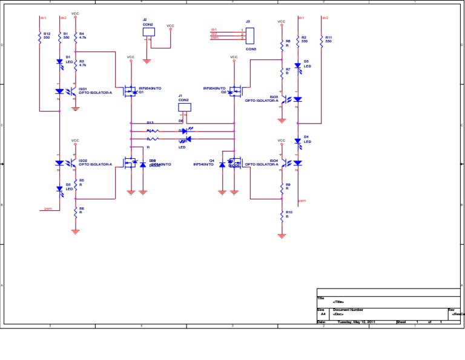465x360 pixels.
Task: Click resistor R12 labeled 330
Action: pyautogui.click(x=39, y=38)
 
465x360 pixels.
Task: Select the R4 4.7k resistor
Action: pyautogui.click(x=75, y=38)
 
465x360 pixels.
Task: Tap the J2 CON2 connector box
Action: pyautogui.click(x=148, y=32)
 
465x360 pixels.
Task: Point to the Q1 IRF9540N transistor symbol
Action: pyautogui.click(x=130, y=92)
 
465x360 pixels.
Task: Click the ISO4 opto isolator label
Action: pyautogui.click(x=262, y=162)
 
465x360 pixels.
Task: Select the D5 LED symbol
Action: pyautogui.click(x=297, y=65)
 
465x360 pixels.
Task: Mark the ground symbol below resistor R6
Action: pyautogui.click(x=75, y=231)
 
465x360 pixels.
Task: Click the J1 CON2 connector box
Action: pyautogui.click(x=185, y=107)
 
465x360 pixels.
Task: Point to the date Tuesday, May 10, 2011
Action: pyautogui.click(x=356, y=322)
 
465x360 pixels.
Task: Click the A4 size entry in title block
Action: pyautogui.click(x=323, y=315)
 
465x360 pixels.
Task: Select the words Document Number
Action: pyautogui.click(x=348, y=310)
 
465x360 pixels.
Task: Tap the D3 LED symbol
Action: pyautogui.click(x=59, y=188)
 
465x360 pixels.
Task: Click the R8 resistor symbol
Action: pyautogui.click(x=282, y=45)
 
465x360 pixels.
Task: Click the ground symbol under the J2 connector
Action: pyautogui.click(x=147, y=61)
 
